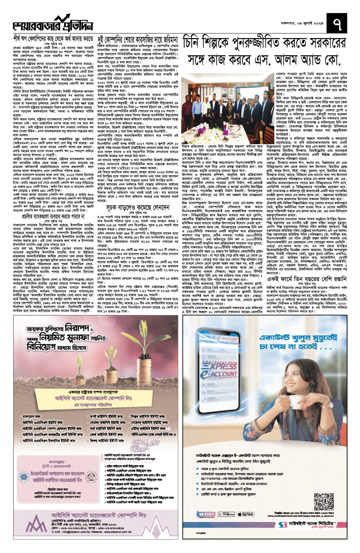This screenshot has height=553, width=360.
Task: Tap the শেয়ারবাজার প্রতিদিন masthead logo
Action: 53,24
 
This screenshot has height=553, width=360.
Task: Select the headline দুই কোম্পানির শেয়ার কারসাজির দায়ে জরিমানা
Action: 138,40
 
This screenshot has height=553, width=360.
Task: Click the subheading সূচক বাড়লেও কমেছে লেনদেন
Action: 138,208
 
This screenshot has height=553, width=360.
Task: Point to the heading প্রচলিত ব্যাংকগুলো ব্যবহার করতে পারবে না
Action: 53,216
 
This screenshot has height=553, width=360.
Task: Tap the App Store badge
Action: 245,514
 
